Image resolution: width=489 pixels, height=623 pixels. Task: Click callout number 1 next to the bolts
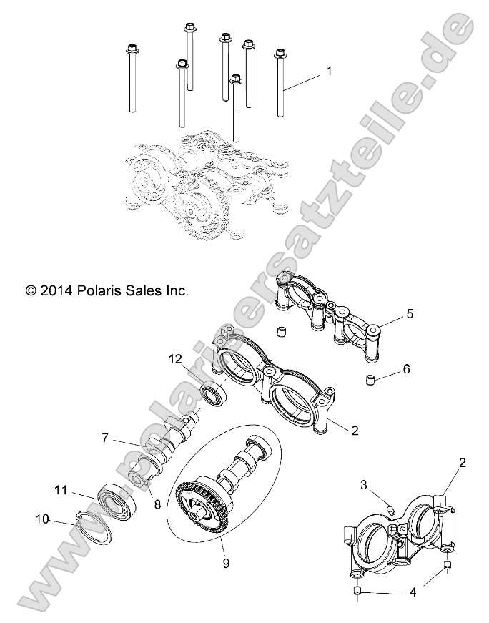[328, 72]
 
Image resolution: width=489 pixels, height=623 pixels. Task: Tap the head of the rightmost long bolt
[280, 54]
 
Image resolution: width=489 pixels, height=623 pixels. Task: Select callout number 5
[410, 313]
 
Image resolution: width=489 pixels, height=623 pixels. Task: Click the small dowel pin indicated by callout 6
[371, 378]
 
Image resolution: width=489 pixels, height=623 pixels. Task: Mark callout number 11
[61, 491]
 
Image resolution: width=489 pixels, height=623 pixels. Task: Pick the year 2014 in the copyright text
[56, 290]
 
